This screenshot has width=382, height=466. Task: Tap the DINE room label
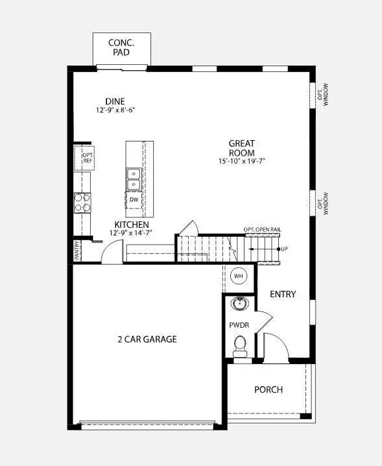[115, 101]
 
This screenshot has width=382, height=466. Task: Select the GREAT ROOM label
[242, 147]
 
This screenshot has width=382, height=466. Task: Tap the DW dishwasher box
[134, 199]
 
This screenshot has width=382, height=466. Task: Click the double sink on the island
[134, 178]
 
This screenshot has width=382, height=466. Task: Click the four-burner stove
[82, 203]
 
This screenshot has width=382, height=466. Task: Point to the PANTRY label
[77, 251]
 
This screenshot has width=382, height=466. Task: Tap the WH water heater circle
[238, 275]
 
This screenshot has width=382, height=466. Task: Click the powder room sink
[239, 303]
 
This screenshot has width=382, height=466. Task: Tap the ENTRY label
[283, 294]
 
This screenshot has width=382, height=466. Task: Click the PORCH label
[269, 389]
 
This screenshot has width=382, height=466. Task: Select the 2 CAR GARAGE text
[147, 339]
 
